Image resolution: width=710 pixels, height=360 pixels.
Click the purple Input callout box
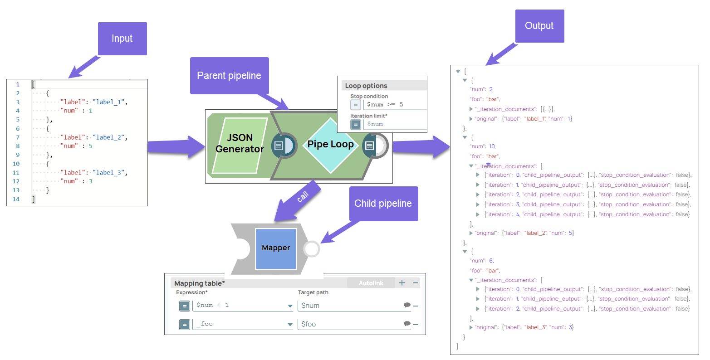tap(122, 39)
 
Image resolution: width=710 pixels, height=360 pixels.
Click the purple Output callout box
tap(539, 26)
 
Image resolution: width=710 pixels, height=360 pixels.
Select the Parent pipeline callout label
tap(229, 76)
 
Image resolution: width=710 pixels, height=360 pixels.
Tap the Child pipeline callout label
tap(383, 204)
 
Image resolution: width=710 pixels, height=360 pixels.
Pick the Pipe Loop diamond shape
tap(330, 144)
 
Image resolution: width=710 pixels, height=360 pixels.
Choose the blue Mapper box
tap(276, 248)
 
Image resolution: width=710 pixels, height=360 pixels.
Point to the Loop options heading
tap(366, 86)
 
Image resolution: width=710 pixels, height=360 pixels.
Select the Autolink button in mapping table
tap(371, 283)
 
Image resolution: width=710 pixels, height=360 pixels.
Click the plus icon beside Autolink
tap(402, 283)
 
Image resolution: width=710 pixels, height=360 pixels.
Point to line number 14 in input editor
tap(16, 199)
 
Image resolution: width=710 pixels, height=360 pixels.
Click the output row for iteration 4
tap(585, 214)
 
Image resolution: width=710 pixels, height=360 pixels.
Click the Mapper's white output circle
tap(312, 248)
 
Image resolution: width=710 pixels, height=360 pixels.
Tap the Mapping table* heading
tap(200, 283)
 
